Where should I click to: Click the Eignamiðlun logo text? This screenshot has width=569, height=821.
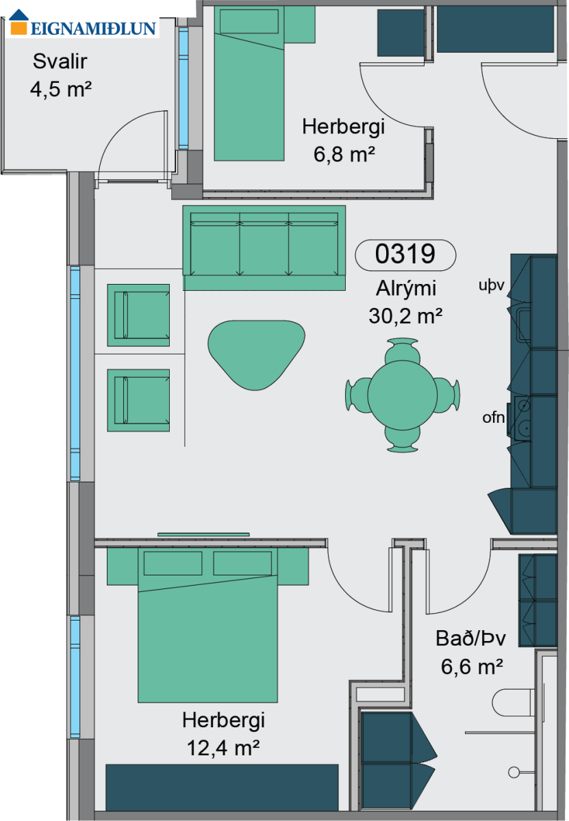coord(93,29)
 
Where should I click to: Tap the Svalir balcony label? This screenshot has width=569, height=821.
coord(60,61)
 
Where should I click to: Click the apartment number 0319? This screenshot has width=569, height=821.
coord(405,254)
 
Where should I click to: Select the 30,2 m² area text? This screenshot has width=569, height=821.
coord(405,315)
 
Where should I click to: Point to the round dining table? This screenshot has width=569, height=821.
coord(403,395)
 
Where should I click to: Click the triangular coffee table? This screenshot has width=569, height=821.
coord(256,354)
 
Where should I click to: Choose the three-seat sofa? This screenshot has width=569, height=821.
coord(264,248)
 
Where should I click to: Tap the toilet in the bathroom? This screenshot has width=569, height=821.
coord(514,703)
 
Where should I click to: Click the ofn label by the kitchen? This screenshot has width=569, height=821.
coord(494,417)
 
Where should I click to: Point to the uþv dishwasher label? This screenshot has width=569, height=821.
coord(492,285)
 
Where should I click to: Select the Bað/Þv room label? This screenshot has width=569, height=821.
coord(470,638)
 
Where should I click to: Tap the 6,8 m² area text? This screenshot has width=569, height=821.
coord(344,154)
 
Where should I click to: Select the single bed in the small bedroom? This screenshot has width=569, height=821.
coord(249,83)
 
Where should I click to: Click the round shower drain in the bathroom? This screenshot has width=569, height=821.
coord(514,772)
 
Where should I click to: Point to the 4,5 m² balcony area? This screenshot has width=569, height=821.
coord(61,89)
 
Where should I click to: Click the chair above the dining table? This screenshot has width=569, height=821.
coord(403,351)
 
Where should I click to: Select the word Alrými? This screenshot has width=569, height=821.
coord(406,289)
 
